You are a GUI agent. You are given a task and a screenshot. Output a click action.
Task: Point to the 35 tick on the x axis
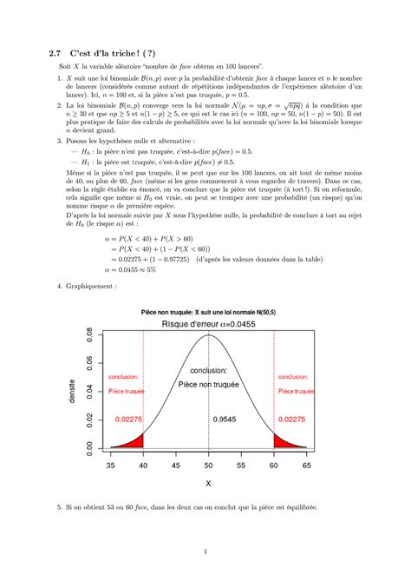coord(110,466)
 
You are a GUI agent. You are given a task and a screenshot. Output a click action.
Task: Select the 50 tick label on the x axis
coord(209,466)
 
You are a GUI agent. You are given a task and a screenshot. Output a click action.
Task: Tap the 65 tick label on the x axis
coord(307,466)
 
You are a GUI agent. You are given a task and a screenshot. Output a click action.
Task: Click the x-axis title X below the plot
coord(209,482)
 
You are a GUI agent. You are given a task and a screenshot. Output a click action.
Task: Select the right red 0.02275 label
coord(294,420)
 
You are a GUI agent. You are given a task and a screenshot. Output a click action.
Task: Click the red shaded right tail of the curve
coord(282,443)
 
